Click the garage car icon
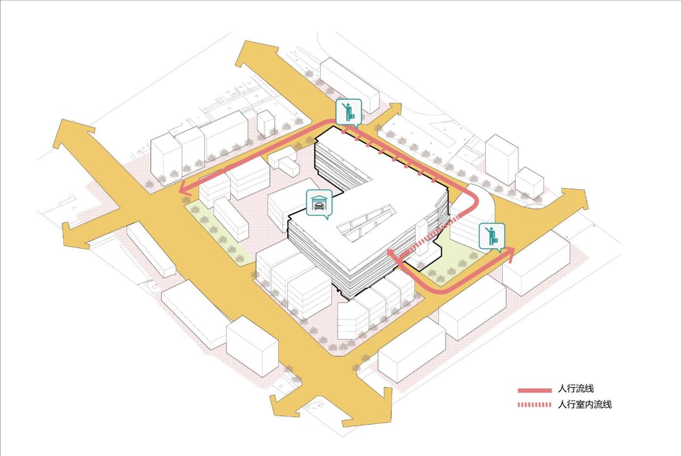(x=319, y=204)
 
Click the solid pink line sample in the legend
(x=535, y=391)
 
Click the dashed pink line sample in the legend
(x=535, y=404)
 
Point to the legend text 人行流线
(x=576, y=389)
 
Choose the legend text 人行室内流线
(x=585, y=404)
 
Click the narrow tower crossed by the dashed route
(x=422, y=239)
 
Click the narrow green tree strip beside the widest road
(x=218, y=234)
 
